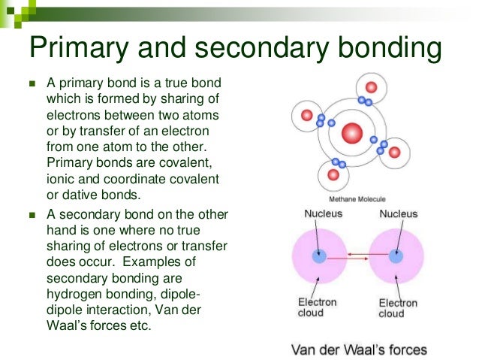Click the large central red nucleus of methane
351,134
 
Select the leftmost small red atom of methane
306,115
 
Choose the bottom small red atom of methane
333,178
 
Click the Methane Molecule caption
357,199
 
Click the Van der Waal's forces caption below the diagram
359,349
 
